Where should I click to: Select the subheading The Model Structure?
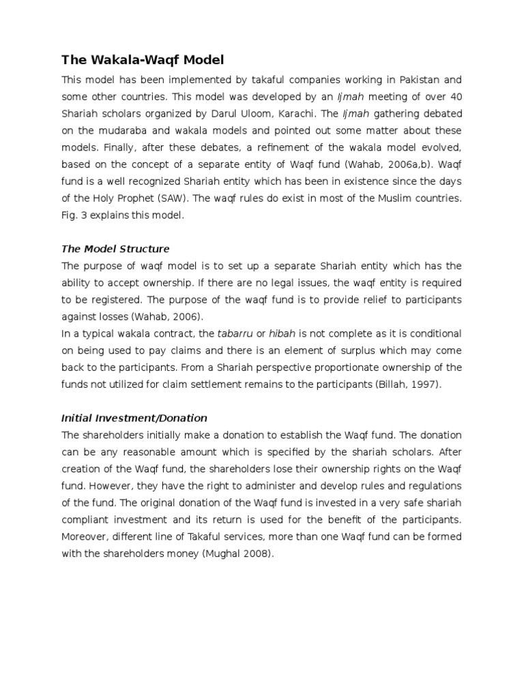(115, 249)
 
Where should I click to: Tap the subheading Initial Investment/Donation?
(134, 418)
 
